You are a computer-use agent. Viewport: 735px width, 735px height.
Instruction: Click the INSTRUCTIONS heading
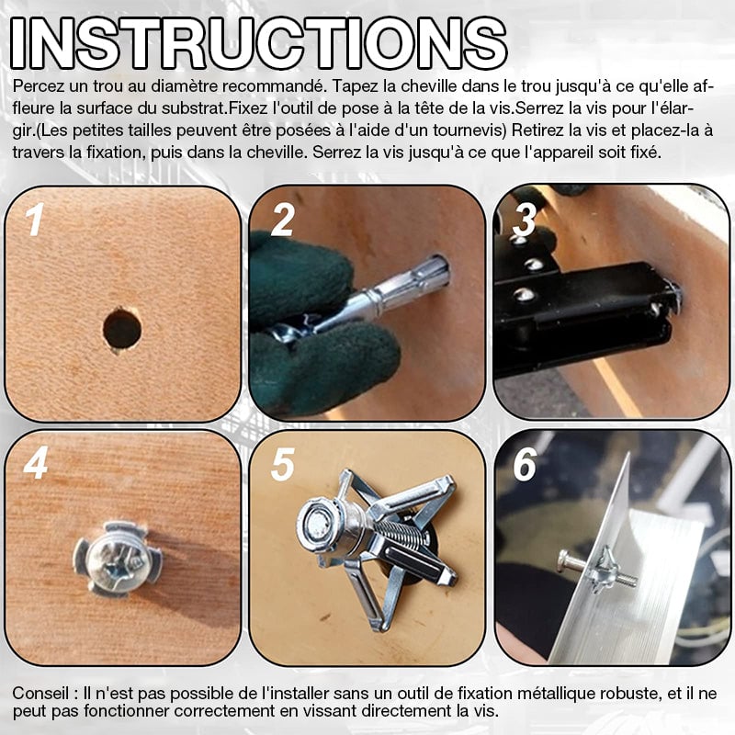point(258,43)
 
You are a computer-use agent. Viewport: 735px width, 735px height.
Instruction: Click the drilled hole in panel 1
point(122,329)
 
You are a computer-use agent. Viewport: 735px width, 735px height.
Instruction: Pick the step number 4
point(36,463)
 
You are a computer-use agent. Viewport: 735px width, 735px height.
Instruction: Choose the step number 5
point(282,464)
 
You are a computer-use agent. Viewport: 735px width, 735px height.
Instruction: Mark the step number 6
point(525,464)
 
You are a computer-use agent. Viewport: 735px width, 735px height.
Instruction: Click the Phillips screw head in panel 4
point(118,559)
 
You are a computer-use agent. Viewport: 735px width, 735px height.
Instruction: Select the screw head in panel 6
point(564,560)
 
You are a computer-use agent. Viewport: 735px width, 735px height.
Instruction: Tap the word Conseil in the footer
point(38,693)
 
